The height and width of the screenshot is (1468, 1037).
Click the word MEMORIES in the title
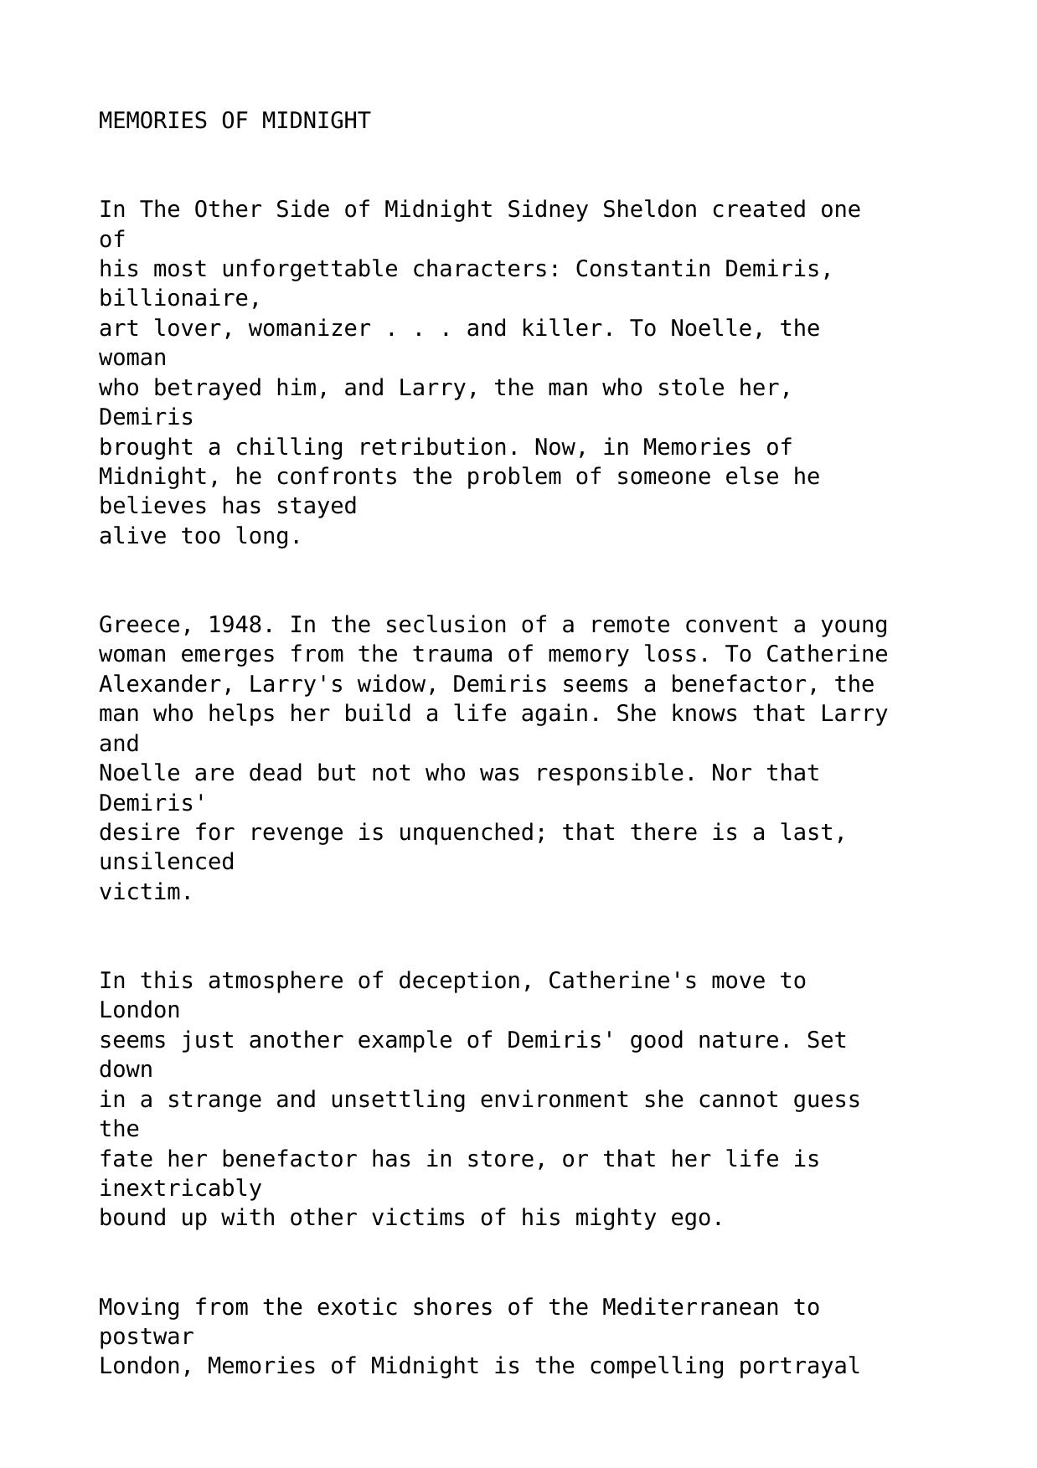153,121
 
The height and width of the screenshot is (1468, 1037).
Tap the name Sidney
548,209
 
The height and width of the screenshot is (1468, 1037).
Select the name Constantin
643,269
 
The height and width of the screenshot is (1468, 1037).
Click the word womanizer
309,328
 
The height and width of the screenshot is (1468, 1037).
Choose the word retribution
431,447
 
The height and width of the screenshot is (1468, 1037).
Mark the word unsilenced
167,862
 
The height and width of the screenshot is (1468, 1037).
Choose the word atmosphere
276,981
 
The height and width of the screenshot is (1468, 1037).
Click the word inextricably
180,1188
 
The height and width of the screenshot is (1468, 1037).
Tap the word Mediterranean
690,1307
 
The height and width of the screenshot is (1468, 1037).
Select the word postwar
146,1337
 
